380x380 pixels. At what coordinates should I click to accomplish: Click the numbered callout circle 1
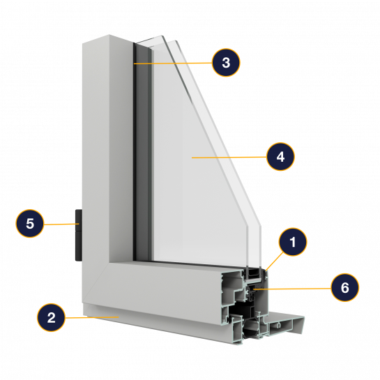(x=293, y=242)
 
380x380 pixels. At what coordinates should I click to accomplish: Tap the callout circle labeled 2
(x=51, y=317)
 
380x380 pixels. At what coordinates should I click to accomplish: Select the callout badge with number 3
(x=226, y=63)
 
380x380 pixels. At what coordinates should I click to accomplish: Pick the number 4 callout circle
(x=280, y=157)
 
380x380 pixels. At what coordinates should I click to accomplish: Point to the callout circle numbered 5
(x=30, y=223)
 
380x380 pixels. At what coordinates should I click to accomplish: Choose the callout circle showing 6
(x=345, y=288)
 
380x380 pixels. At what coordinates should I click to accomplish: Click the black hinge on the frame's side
(x=79, y=235)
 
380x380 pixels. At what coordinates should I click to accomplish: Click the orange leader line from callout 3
(x=173, y=63)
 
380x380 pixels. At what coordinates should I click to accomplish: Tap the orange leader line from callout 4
(x=229, y=158)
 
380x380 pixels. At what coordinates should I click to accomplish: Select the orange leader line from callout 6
(x=292, y=289)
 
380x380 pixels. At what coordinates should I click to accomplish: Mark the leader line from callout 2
(x=92, y=317)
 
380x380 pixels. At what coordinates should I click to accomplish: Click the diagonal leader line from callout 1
(x=274, y=261)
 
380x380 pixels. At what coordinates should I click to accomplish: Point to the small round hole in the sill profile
(x=280, y=325)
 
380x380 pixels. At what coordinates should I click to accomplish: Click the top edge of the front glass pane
(x=150, y=40)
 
